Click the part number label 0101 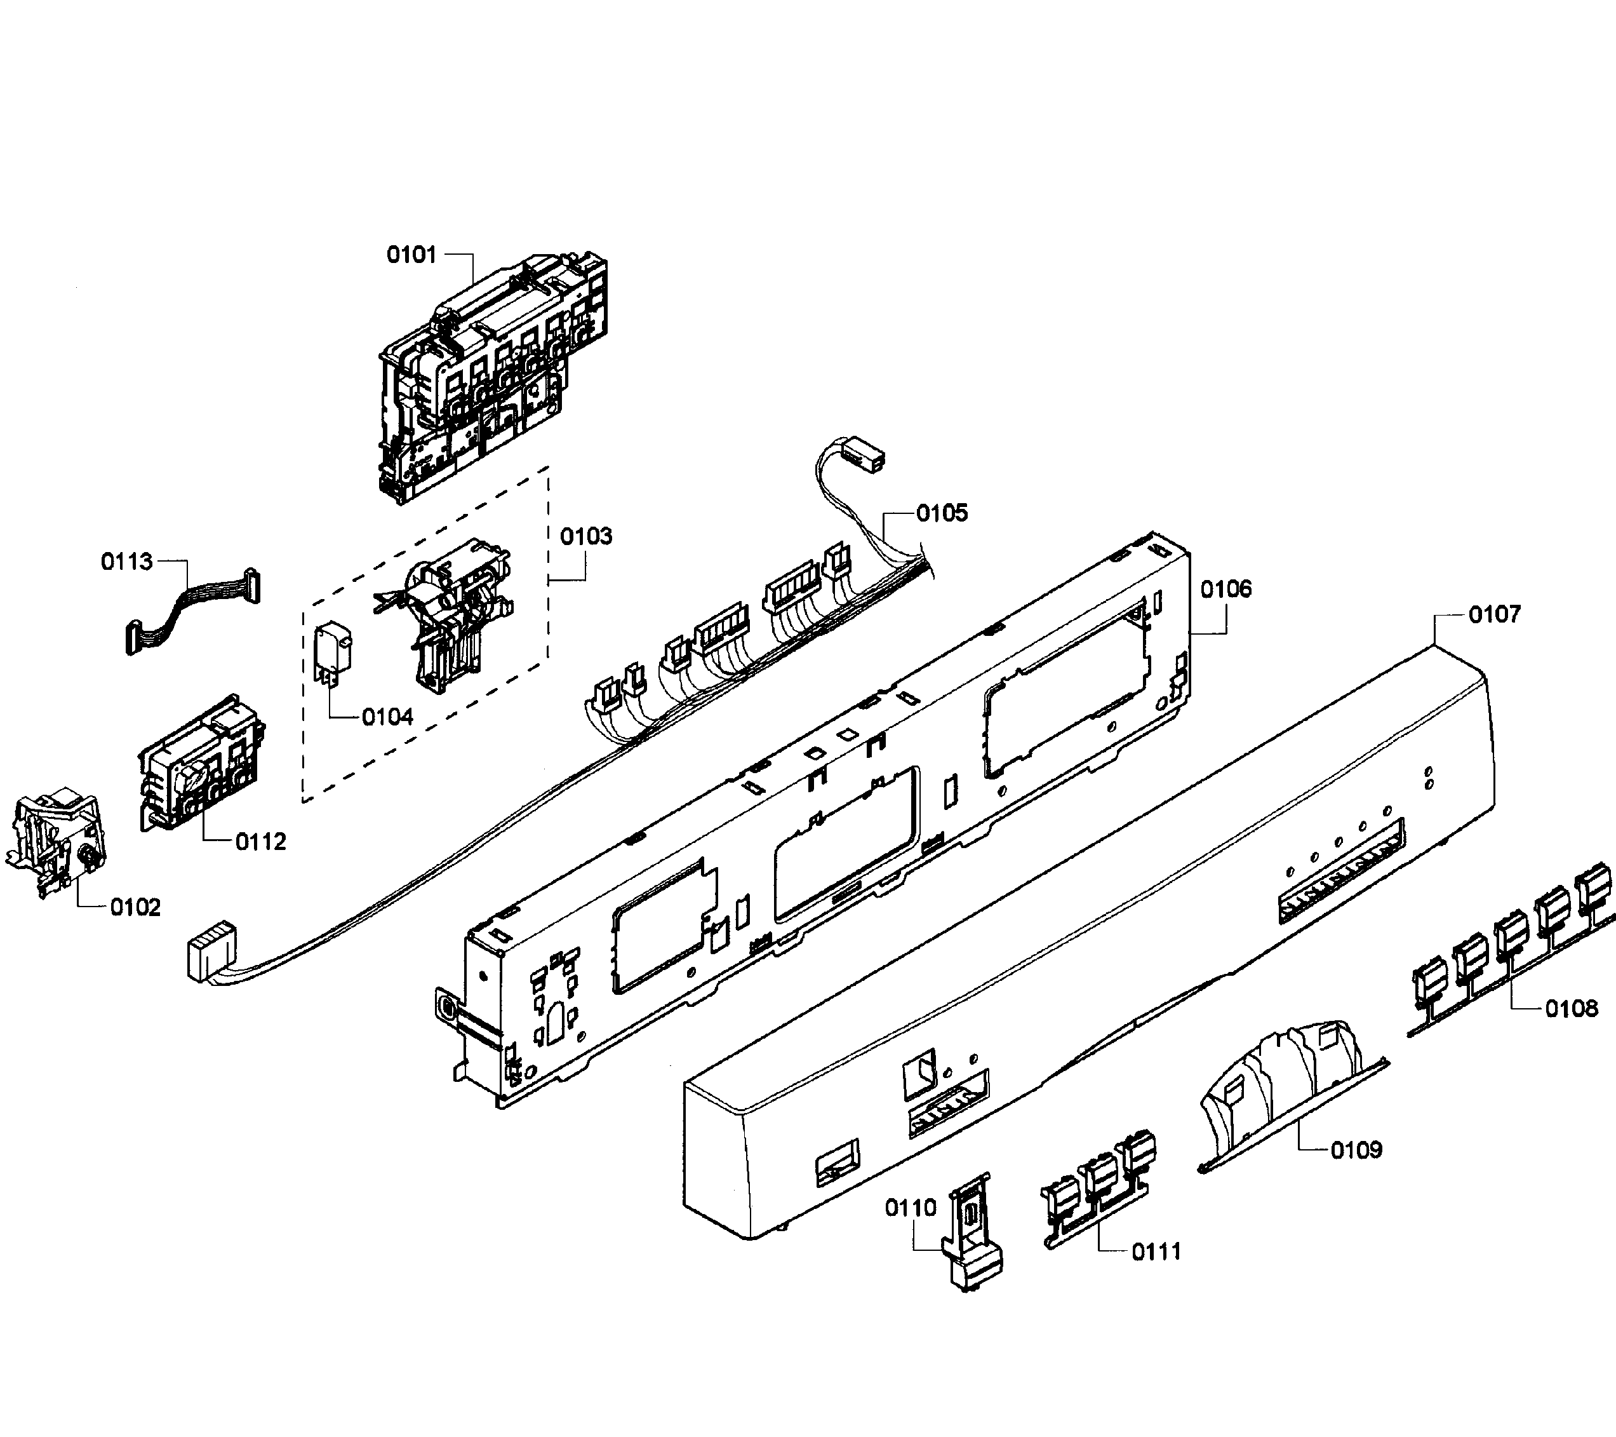coord(411,255)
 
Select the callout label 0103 coord(586,536)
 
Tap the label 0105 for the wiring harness coord(942,513)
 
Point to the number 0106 coord(1226,588)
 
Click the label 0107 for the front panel coord(1494,614)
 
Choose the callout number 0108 coord(1572,1008)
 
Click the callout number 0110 coord(911,1208)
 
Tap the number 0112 coord(261,842)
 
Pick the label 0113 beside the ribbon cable coord(126,562)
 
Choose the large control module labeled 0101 coord(490,372)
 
